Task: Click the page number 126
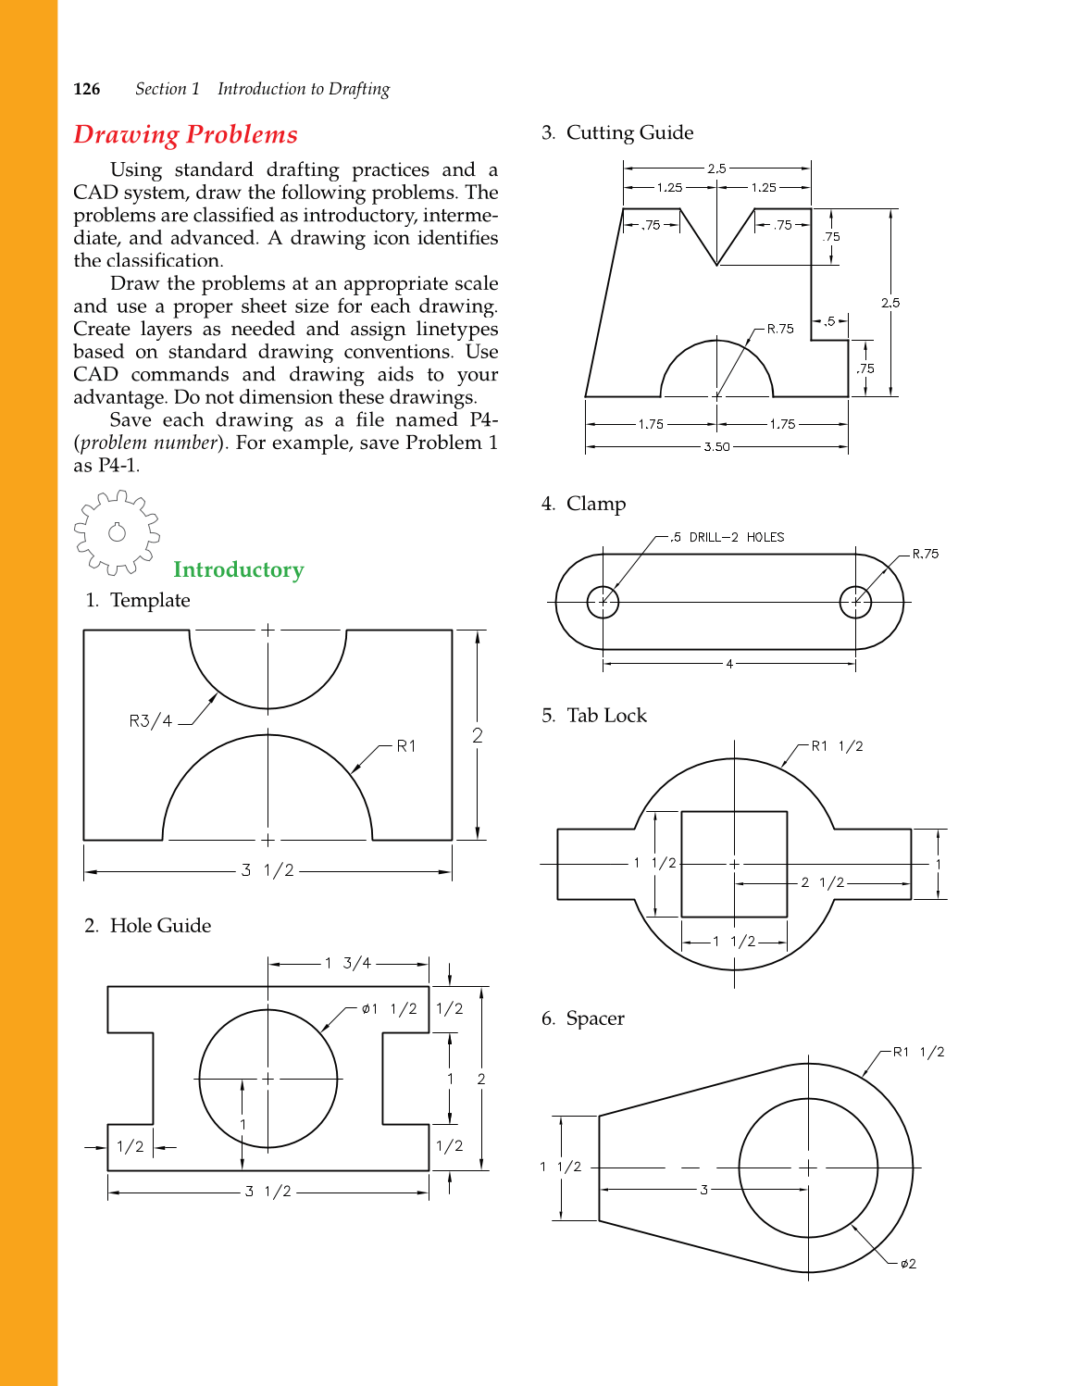tap(87, 89)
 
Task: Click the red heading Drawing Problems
tap(185, 134)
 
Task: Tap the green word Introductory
tap(238, 569)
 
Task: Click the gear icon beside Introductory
tap(117, 531)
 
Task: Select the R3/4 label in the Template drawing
tap(150, 720)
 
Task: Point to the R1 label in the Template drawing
tap(405, 745)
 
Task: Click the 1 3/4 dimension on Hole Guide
tap(348, 963)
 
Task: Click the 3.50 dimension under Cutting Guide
tap(716, 446)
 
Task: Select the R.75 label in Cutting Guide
tap(780, 329)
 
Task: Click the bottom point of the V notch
tap(716, 265)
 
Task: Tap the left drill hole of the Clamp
tap(603, 602)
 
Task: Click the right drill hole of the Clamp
tap(855, 602)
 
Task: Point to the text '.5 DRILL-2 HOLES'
tap(728, 537)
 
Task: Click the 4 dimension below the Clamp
tap(729, 663)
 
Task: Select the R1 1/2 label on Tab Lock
tap(837, 746)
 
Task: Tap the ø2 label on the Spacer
tap(908, 1264)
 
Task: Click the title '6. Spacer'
tap(583, 1018)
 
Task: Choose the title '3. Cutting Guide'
tap(617, 132)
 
